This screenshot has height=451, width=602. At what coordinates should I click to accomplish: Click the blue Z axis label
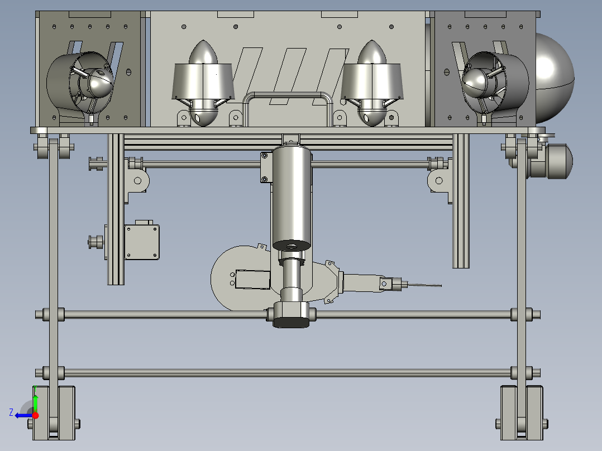click(x=11, y=412)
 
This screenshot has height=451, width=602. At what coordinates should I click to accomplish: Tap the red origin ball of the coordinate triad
click(x=35, y=415)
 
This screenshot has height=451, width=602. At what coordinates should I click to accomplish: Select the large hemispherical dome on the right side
click(x=555, y=78)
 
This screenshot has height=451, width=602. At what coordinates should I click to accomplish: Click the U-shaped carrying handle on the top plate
click(x=287, y=94)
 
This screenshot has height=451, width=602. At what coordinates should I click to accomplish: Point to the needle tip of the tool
click(x=441, y=286)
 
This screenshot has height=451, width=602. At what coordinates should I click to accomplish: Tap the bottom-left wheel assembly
click(x=54, y=413)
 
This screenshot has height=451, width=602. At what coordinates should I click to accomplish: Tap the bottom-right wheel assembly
click(x=522, y=413)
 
